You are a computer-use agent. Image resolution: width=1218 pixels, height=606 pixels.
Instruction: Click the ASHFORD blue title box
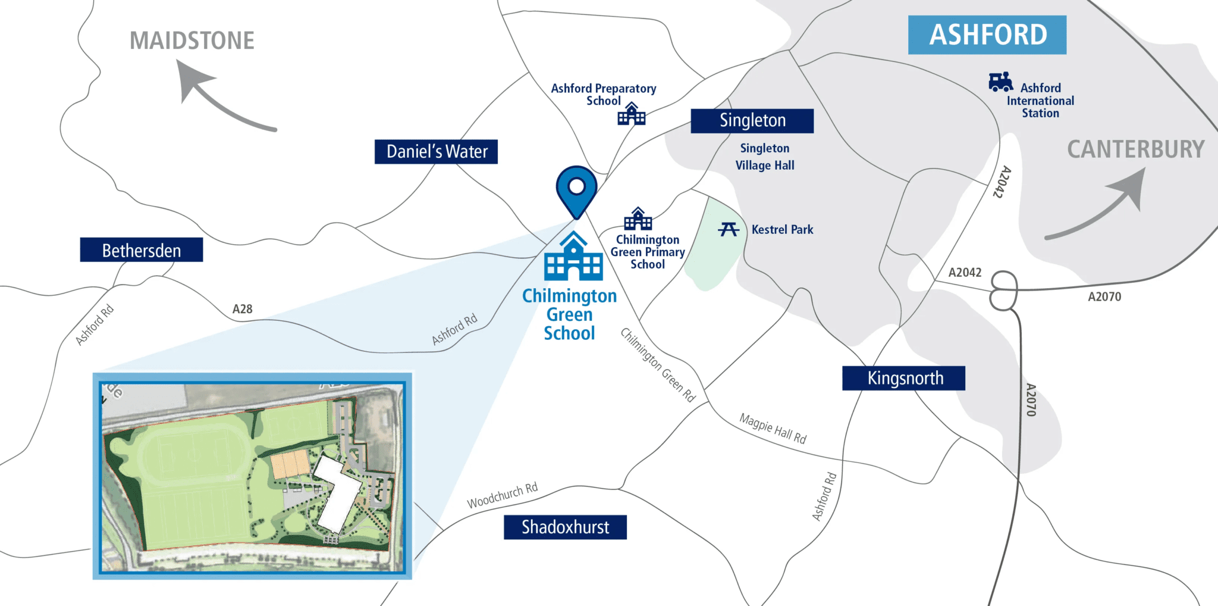pyautogui.click(x=987, y=35)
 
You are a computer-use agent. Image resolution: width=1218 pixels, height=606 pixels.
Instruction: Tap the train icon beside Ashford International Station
pyautogui.click(x=1000, y=82)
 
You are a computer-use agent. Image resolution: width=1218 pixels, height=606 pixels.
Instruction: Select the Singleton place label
pyautogui.click(x=752, y=121)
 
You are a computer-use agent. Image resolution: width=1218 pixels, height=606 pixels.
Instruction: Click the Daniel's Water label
pyautogui.click(x=436, y=151)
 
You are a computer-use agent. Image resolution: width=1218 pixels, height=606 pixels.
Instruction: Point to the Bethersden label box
pyautogui.click(x=141, y=250)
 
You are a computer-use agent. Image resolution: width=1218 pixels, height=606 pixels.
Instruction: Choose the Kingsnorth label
pyautogui.click(x=903, y=378)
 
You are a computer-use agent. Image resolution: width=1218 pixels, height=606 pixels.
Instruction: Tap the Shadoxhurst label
pyautogui.click(x=564, y=527)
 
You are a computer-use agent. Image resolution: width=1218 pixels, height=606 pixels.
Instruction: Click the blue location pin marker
pyautogui.click(x=576, y=189)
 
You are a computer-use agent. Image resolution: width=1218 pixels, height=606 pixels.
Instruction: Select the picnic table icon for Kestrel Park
pyautogui.click(x=729, y=229)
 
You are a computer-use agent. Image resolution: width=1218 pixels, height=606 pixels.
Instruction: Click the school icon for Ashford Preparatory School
pyautogui.click(x=631, y=114)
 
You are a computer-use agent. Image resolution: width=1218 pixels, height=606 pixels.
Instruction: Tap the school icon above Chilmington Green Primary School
pyautogui.click(x=638, y=219)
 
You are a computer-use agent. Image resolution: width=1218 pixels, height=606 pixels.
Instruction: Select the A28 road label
pyautogui.click(x=242, y=309)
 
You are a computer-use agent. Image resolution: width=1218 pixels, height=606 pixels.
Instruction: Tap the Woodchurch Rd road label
pyautogui.click(x=502, y=495)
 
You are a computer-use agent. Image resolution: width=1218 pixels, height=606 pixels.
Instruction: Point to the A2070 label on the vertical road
pyautogui.click(x=1031, y=399)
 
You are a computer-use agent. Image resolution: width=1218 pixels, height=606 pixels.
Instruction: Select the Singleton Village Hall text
pyautogui.click(x=765, y=157)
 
